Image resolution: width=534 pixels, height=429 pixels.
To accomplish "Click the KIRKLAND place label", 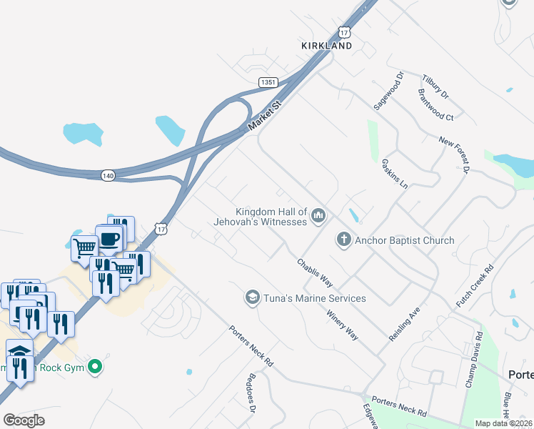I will [x=326, y=46].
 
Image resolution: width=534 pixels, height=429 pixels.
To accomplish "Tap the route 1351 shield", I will [x=268, y=83].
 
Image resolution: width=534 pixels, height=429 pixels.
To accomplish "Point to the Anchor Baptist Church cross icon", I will [x=344, y=240].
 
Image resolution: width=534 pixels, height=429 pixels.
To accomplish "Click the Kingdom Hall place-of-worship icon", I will [x=319, y=214].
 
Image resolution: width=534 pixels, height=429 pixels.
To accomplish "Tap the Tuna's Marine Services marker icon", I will [x=251, y=297].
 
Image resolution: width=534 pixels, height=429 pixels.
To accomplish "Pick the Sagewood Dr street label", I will [x=388, y=91].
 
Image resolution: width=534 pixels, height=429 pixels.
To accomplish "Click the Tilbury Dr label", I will [x=435, y=87].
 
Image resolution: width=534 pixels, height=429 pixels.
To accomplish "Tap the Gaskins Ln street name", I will [x=394, y=174].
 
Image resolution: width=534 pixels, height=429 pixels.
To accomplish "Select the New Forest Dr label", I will [x=453, y=155].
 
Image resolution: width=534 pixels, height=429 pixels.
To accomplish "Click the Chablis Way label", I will [x=315, y=272].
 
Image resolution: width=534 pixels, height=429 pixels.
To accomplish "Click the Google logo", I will [x=24, y=420].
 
